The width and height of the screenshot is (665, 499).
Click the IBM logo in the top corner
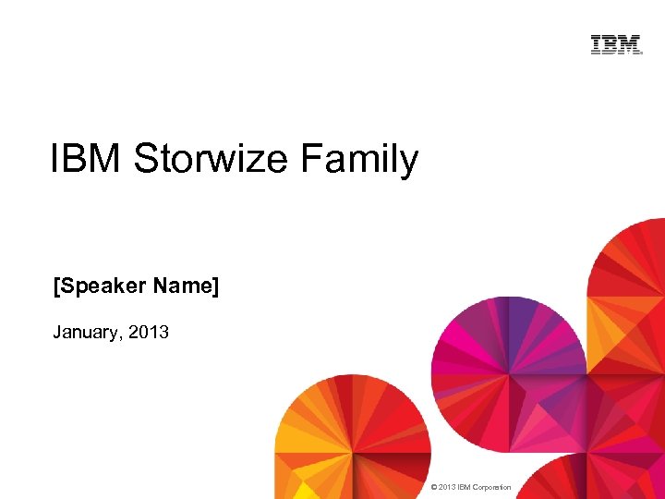pyautogui.click(x=616, y=44)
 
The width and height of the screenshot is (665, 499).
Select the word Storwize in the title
pyautogui.click(x=212, y=159)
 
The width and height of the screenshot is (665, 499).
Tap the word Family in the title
pyautogui.click(x=358, y=161)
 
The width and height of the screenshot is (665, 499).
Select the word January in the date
pyautogui.click(x=87, y=332)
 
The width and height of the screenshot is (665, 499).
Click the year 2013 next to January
pyautogui.click(x=149, y=331)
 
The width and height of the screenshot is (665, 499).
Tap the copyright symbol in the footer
pyautogui.click(x=434, y=487)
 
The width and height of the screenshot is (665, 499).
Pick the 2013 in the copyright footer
pyautogui.click(x=448, y=487)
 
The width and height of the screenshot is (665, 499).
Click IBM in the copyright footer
pyautogui.click(x=465, y=487)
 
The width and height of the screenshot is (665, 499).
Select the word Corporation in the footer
pyautogui.click(x=492, y=487)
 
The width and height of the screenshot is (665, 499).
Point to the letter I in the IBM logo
pyautogui.click(x=596, y=44)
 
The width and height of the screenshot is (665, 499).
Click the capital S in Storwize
pyautogui.click(x=146, y=159)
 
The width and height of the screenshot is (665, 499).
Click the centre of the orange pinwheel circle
pyautogui.click(x=352, y=452)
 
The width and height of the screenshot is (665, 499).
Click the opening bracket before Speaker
pyautogui.click(x=55, y=286)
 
